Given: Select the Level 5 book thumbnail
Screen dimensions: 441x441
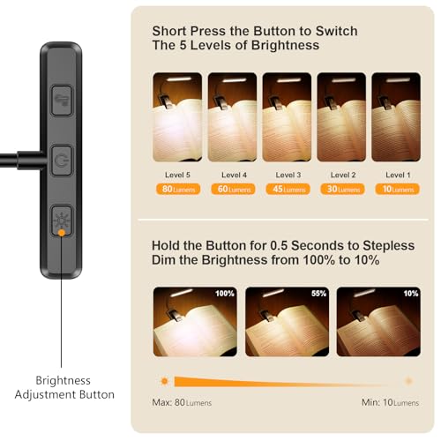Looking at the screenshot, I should click(176, 110).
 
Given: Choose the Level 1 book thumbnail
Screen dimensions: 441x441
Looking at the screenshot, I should click(394, 110).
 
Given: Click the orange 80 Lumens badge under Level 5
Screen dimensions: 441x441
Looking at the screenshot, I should click(176, 188).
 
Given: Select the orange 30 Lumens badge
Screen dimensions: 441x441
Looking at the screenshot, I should click(340, 188).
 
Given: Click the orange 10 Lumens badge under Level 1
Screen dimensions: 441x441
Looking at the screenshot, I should click(394, 188).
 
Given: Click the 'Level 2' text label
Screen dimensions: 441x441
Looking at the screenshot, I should click(340, 174).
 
